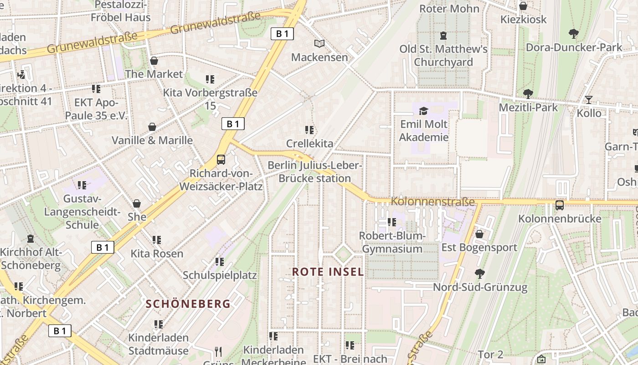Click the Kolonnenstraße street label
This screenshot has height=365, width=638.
[x=432, y=201]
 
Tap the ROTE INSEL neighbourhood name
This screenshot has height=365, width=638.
[x=328, y=272]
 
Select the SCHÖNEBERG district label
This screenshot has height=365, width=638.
[x=188, y=303]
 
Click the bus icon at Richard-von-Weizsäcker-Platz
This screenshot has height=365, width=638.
[x=221, y=159]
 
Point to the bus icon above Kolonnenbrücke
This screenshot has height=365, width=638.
[x=560, y=205]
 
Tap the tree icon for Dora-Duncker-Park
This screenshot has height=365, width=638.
[x=573, y=33]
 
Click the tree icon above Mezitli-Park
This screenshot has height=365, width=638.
[x=528, y=94]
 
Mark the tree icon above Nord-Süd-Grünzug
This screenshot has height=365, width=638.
[x=479, y=273]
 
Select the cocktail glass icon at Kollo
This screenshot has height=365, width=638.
[x=589, y=99]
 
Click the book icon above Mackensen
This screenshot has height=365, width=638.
[x=319, y=43]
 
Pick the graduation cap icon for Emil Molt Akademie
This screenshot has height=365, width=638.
[x=424, y=110]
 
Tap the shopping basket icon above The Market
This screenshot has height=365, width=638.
[x=154, y=60]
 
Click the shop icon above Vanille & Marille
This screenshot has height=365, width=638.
[x=152, y=126]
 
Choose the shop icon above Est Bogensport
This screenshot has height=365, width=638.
[x=479, y=234]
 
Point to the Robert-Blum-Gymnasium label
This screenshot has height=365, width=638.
[x=392, y=242]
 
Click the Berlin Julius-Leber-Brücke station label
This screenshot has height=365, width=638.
[x=315, y=172]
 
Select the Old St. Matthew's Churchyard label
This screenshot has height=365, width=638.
[x=443, y=55]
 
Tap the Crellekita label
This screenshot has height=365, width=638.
[x=309, y=143]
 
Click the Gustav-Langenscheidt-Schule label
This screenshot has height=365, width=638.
[x=82, y=212]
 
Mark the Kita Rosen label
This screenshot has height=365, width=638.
[x=157, y=253]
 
